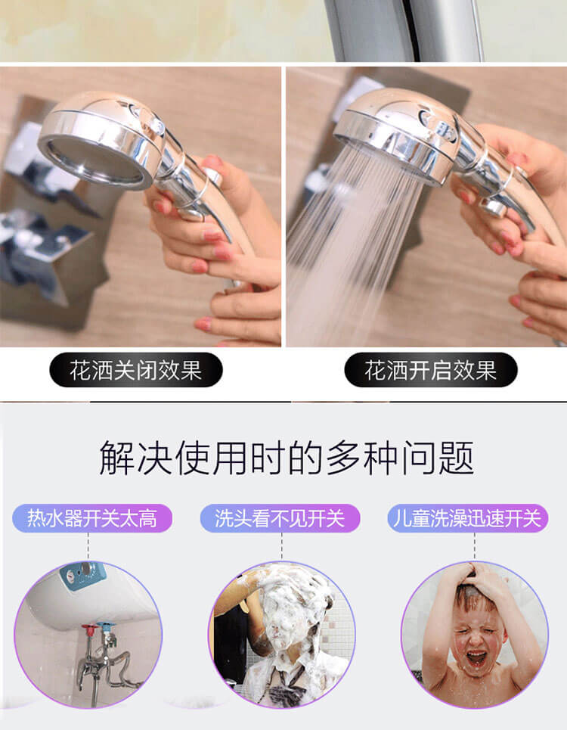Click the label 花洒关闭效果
coord(136,370)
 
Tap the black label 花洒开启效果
coord(431,370)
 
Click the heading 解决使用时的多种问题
coord(287,458)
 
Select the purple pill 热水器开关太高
coord(92,518)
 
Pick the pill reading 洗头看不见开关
coord(280,518)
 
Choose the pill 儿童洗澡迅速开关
coord(468,518)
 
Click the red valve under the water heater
coord(88,629)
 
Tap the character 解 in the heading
coord(116,458)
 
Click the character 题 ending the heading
coord(457,458)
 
